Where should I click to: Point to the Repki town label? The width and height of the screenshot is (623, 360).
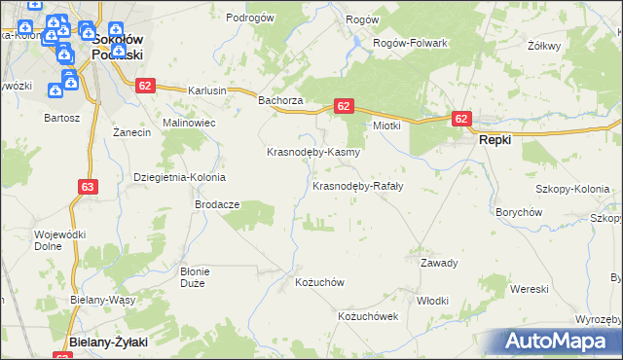[x=495, y=139]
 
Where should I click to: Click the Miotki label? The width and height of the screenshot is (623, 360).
[x=388, y=126]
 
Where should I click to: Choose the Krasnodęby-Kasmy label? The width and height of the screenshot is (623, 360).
[x=314, y=153]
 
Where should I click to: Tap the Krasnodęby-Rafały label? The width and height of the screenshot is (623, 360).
[x=357, y=185]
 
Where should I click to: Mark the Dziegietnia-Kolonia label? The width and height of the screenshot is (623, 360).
[x=179, y=178]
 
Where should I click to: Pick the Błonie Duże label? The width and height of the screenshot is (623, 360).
[x=199, y=276]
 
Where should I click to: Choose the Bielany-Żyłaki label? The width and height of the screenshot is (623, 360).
[x=109, y=342]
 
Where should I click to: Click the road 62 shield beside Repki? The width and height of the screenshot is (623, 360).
[x=461, y=119]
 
